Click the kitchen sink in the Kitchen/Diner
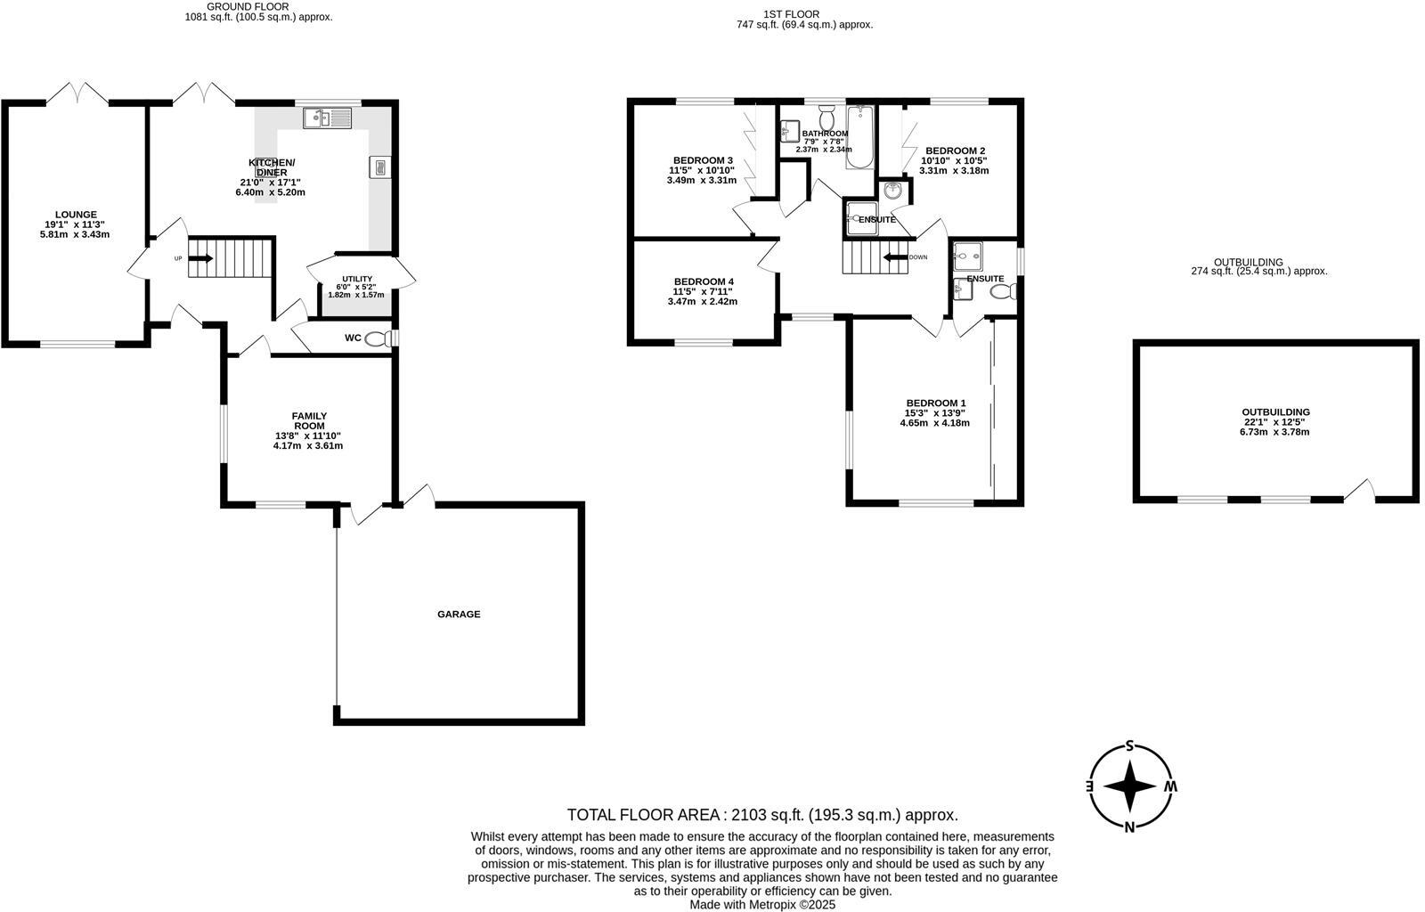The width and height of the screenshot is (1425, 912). click(328, 118)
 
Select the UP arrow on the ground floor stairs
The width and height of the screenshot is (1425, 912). click(201, 258)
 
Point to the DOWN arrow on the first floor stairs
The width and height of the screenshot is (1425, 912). click(893, 258)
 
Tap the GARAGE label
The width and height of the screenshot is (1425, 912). click(459, 614)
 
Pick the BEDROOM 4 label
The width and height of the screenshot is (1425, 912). click(704, 281)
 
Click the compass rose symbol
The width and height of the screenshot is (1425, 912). click(1130, 787)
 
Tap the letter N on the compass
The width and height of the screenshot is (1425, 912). click(1130, 826)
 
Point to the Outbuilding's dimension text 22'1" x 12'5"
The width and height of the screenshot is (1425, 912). click(1275, 422)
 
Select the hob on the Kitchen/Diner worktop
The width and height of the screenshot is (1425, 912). click(379, 167)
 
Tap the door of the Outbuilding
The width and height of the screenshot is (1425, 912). click(1360, 491)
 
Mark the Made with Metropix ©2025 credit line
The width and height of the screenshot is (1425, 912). click(762, 904)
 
